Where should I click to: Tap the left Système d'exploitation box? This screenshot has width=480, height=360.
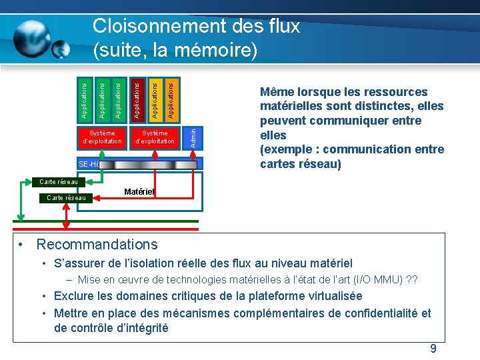point(101,137)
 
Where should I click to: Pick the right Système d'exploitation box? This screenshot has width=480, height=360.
point(155,137)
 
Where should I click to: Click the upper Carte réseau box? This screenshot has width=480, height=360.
point(59,181)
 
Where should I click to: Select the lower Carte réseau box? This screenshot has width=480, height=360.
point(66,197)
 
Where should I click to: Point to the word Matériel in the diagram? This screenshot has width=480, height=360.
point(139,192)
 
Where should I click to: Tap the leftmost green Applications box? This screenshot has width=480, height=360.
point(84,99)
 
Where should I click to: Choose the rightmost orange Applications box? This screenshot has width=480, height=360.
point(171,99)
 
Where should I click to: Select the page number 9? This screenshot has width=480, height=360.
point(433,349)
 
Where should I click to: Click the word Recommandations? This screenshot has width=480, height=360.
point(97,245)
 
